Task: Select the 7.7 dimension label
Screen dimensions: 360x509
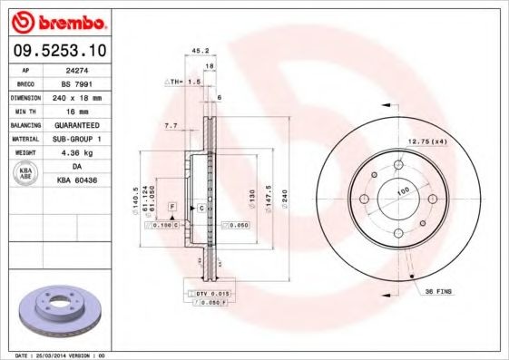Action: [170, 124]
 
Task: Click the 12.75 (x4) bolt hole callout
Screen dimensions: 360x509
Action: [428, 141]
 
